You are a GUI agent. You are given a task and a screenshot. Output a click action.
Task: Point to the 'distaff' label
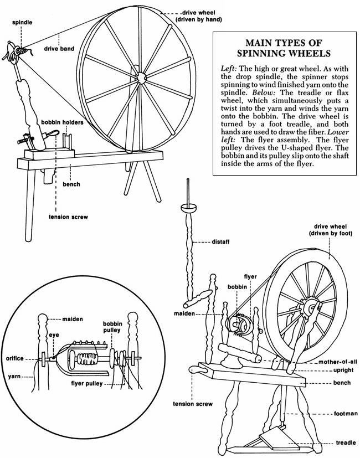222,241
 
